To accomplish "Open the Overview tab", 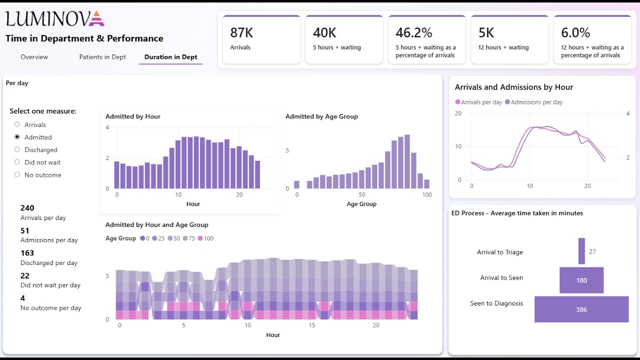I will (x=34, y=57).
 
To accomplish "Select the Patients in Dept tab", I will (x=102, y=57).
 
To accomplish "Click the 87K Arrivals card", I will (x=261, y=39).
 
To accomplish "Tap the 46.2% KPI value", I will (x=413, y=33).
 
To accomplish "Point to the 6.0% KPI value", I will (x=575, y=33).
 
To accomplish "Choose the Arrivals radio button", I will (x=17, y=124).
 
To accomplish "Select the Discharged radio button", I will (x=17, y=149).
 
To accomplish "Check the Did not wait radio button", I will (x=17, y=162).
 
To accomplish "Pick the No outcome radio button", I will (x=17, y=174).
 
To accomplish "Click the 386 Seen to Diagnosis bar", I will (x=581, y=309).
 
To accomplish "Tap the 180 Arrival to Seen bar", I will (x=581, y=280).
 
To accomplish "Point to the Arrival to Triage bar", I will (x=581, y=251).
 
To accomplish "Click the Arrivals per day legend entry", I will (x=478, y=102).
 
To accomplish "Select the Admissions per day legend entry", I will (x=533, y=102).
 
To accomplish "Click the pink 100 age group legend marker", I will (x=200, y=238).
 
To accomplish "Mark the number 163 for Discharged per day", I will (x=27, y=253).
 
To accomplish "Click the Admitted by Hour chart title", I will (x=133, y=116).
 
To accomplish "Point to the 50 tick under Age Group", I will (x=362, y=195).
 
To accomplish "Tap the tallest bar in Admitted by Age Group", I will (x=407, y=161).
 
